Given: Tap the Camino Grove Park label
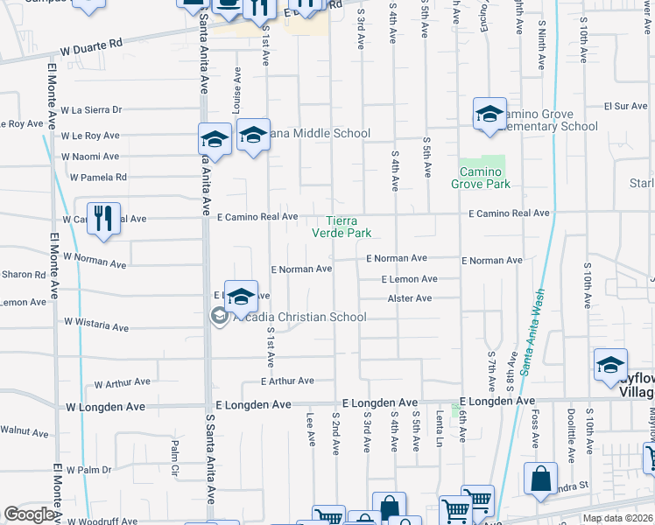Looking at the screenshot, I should (480, 178).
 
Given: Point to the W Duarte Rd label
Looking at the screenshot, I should (93, 52).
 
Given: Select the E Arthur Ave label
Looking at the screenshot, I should (287, 381).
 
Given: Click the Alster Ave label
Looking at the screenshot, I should (411, 298).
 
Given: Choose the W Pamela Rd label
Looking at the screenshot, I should (99, 177).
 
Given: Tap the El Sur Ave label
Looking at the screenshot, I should (626, 106).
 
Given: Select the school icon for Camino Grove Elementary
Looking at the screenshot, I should (489, 114).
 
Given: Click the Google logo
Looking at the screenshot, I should (29, 514).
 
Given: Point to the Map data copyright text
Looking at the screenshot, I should (617, 518).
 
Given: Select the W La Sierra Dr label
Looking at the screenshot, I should (91, 110).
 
